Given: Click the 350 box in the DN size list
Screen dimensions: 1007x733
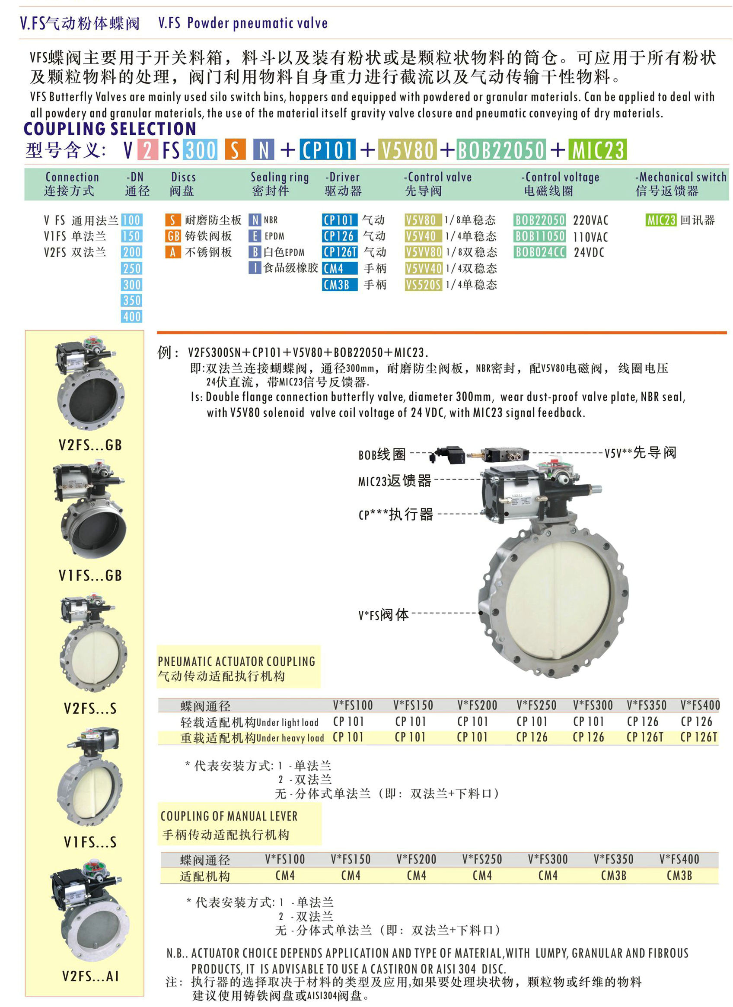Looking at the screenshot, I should tap(131, 301).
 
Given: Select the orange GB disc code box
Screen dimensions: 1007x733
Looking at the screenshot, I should tap(173, 236).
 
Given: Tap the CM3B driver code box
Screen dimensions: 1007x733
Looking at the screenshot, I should tap(339, 285).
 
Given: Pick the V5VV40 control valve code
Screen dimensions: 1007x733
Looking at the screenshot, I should tap(423, 269).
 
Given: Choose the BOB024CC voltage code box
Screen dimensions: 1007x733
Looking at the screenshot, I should tap(540, 252).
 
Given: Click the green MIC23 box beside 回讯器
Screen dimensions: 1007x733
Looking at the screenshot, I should tap(660, 220).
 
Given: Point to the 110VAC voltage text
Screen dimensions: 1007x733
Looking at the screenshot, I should tap(590, 237).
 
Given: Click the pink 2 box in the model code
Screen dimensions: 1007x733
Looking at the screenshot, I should tap(147, 149).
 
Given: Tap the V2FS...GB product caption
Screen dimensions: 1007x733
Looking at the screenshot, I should tap(90, 445).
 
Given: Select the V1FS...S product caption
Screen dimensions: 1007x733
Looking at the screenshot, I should tap(90, 842).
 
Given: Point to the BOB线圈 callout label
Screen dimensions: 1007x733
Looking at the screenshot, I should tap(382, 454).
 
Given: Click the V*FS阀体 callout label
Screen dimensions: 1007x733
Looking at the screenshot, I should tap(383, 615).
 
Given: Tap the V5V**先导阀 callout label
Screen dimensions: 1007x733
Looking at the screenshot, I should tap(640, 453).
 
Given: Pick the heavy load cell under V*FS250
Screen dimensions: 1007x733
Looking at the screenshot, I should tap(532, 737).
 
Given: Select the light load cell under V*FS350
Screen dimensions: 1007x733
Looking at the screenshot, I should tap(642, 721).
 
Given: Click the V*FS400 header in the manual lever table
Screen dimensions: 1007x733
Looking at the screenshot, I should tap(679, 859).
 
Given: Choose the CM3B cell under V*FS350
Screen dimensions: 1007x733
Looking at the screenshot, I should tap(614, 876).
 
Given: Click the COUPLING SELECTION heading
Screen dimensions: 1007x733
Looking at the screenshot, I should tap(110, 129).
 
